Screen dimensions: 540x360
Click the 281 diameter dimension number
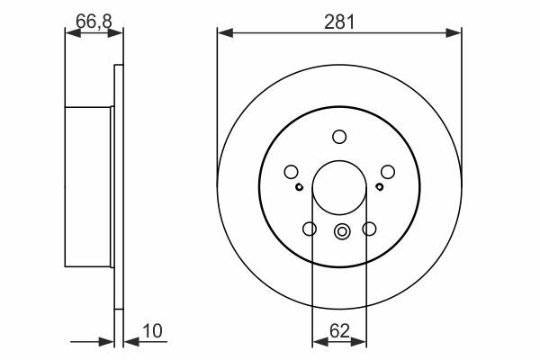pos(339,22)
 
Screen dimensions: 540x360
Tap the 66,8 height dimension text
pos(94,22)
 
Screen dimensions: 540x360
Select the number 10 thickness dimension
pos(152,331)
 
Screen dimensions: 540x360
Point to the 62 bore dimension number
pos(339,331)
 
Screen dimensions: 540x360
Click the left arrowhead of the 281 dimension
pos(225,33)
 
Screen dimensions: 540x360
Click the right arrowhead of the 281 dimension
pos(454,33)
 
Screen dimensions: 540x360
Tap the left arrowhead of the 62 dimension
pos(319,342)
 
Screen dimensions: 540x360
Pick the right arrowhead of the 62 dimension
pos(358,342)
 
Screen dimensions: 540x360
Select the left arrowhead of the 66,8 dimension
pos(73,33)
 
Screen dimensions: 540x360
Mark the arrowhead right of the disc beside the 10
pos(131,342)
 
